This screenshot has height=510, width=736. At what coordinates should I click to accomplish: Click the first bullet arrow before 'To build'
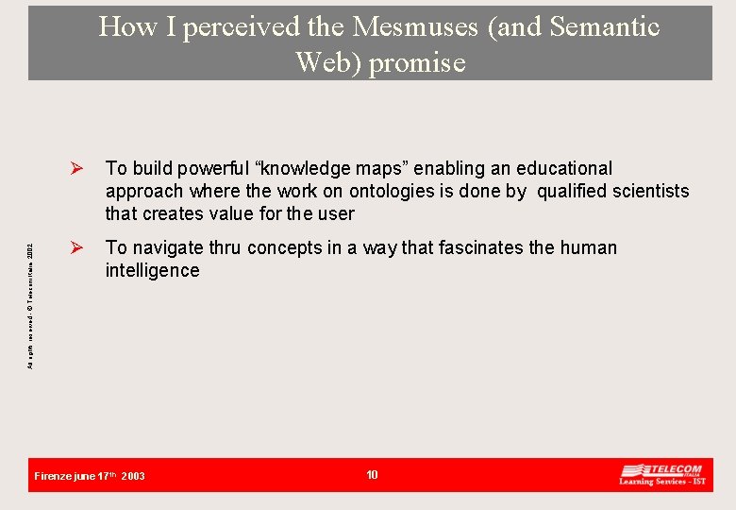(80, 169)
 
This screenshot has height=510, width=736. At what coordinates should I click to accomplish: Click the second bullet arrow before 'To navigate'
(80, 248)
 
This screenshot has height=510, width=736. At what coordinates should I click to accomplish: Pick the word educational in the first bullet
(563, 168)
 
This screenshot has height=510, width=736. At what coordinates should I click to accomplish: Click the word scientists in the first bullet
(650, 191)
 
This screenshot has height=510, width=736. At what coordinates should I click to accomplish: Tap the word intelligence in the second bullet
(152, 270)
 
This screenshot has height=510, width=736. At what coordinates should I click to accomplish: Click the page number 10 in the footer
(372, 475)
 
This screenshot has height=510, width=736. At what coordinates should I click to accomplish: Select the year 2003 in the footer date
(133, 476)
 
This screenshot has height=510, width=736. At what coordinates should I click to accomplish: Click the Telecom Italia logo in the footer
(661, 474)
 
